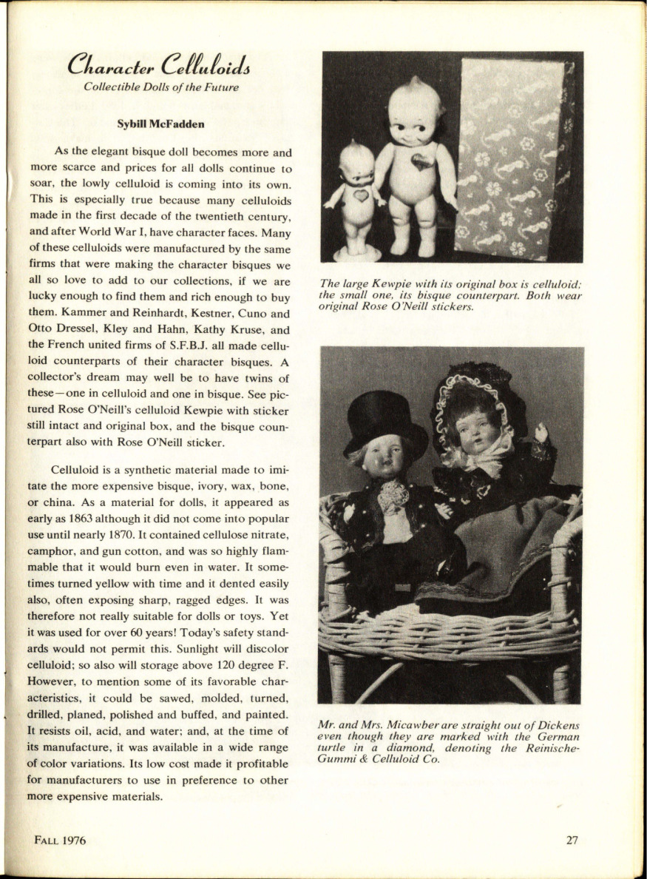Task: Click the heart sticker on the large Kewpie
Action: [421, 162]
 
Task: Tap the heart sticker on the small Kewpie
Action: [360, 196]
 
